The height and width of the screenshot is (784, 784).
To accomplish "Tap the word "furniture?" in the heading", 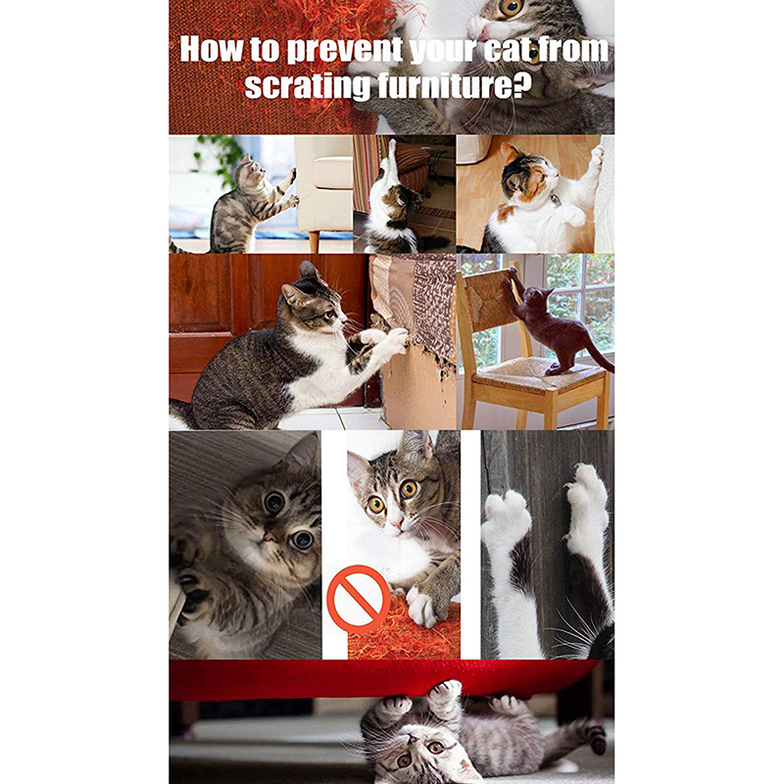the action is click(454, 86).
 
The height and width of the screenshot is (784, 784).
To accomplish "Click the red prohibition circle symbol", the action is click(358, 599).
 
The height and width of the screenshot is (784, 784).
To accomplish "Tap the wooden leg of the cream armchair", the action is click(314, 241).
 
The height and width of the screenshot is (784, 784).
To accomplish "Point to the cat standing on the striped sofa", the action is click(395, 205).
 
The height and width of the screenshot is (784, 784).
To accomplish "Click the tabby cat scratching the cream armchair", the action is click(250, 205).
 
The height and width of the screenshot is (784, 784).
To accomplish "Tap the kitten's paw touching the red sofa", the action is click(445, 690).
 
